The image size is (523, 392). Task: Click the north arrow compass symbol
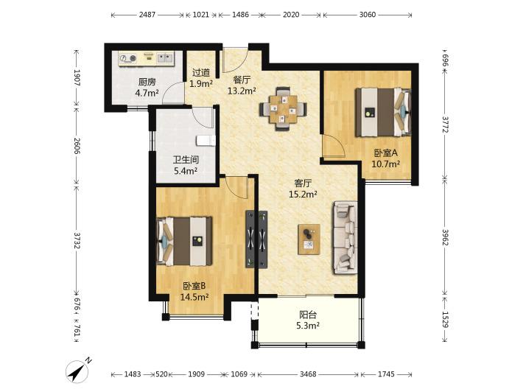click(x=78, y=370)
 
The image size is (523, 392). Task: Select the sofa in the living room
click(x=345, y=238)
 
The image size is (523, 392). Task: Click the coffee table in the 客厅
click(x=309, y=239)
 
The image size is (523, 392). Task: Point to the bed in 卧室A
click(x=382, y=112)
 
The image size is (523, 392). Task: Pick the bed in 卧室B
click(x=184, y=241)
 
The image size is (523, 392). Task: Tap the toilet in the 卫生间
click(x=206, y=141)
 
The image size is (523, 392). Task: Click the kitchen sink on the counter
click(x=165, y=58)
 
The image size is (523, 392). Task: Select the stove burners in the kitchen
click(x=128, y=58)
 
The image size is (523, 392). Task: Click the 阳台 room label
click(x=307, y=315)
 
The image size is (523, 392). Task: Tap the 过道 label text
click(x=201, y=72)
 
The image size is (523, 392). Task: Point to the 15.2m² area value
click(x=303, y=195)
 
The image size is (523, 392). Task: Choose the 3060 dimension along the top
click(x=368, y=15)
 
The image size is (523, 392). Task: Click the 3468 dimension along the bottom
click(x=307, y=374)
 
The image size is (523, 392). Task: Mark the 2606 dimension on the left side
click(x=77, y=146)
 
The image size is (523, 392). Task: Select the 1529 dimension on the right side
click(x=445, y=319)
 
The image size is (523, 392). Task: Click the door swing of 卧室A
click(x=334, y=145)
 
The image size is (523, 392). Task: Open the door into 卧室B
click(x=236, y=187)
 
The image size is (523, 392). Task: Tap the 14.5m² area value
click(x=194, y=297)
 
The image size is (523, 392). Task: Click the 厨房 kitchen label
click(x=147, y=82)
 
